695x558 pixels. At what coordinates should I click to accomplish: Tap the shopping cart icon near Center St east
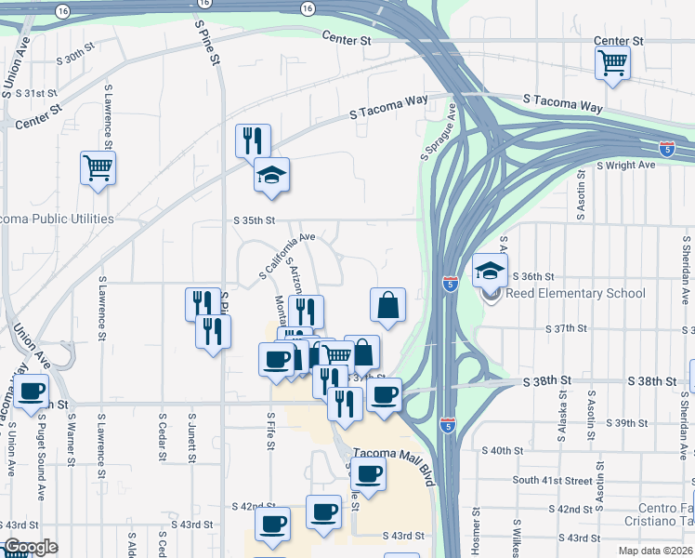coord(613,63)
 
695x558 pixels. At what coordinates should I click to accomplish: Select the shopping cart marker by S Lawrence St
coord(98,168)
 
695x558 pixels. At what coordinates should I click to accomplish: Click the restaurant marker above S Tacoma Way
coord(253,141)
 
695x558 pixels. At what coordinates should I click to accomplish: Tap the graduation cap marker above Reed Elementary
coord(490,271)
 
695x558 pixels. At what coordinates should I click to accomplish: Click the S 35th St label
coord(255,220)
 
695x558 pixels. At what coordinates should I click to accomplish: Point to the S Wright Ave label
coord(625,165)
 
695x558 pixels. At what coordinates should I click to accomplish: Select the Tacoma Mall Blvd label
coord(394,454)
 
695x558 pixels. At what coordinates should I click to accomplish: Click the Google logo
coord(30,547)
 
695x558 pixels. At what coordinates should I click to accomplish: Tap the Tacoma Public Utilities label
coord(58,219)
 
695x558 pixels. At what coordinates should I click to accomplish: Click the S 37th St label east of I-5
coord(568,328)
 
